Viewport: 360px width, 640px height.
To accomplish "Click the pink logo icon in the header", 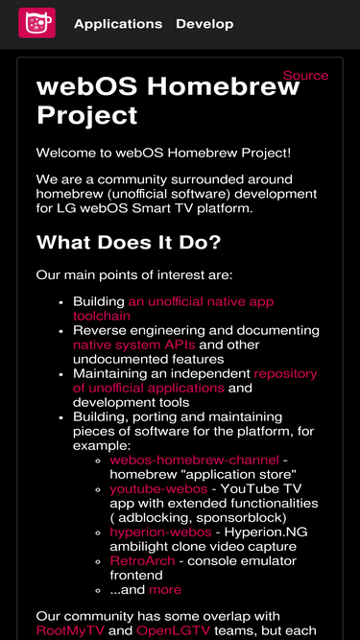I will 36,23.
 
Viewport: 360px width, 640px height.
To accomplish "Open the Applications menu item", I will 118,24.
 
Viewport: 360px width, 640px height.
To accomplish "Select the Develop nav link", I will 204,24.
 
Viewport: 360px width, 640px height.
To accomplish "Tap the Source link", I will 305,75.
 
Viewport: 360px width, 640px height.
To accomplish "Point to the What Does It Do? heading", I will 129,242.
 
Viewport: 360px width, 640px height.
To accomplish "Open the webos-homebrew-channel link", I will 195,461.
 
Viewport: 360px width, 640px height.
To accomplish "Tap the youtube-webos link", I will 158,489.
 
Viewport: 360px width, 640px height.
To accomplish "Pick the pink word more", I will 164,589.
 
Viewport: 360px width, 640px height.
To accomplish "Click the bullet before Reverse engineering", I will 60,330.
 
